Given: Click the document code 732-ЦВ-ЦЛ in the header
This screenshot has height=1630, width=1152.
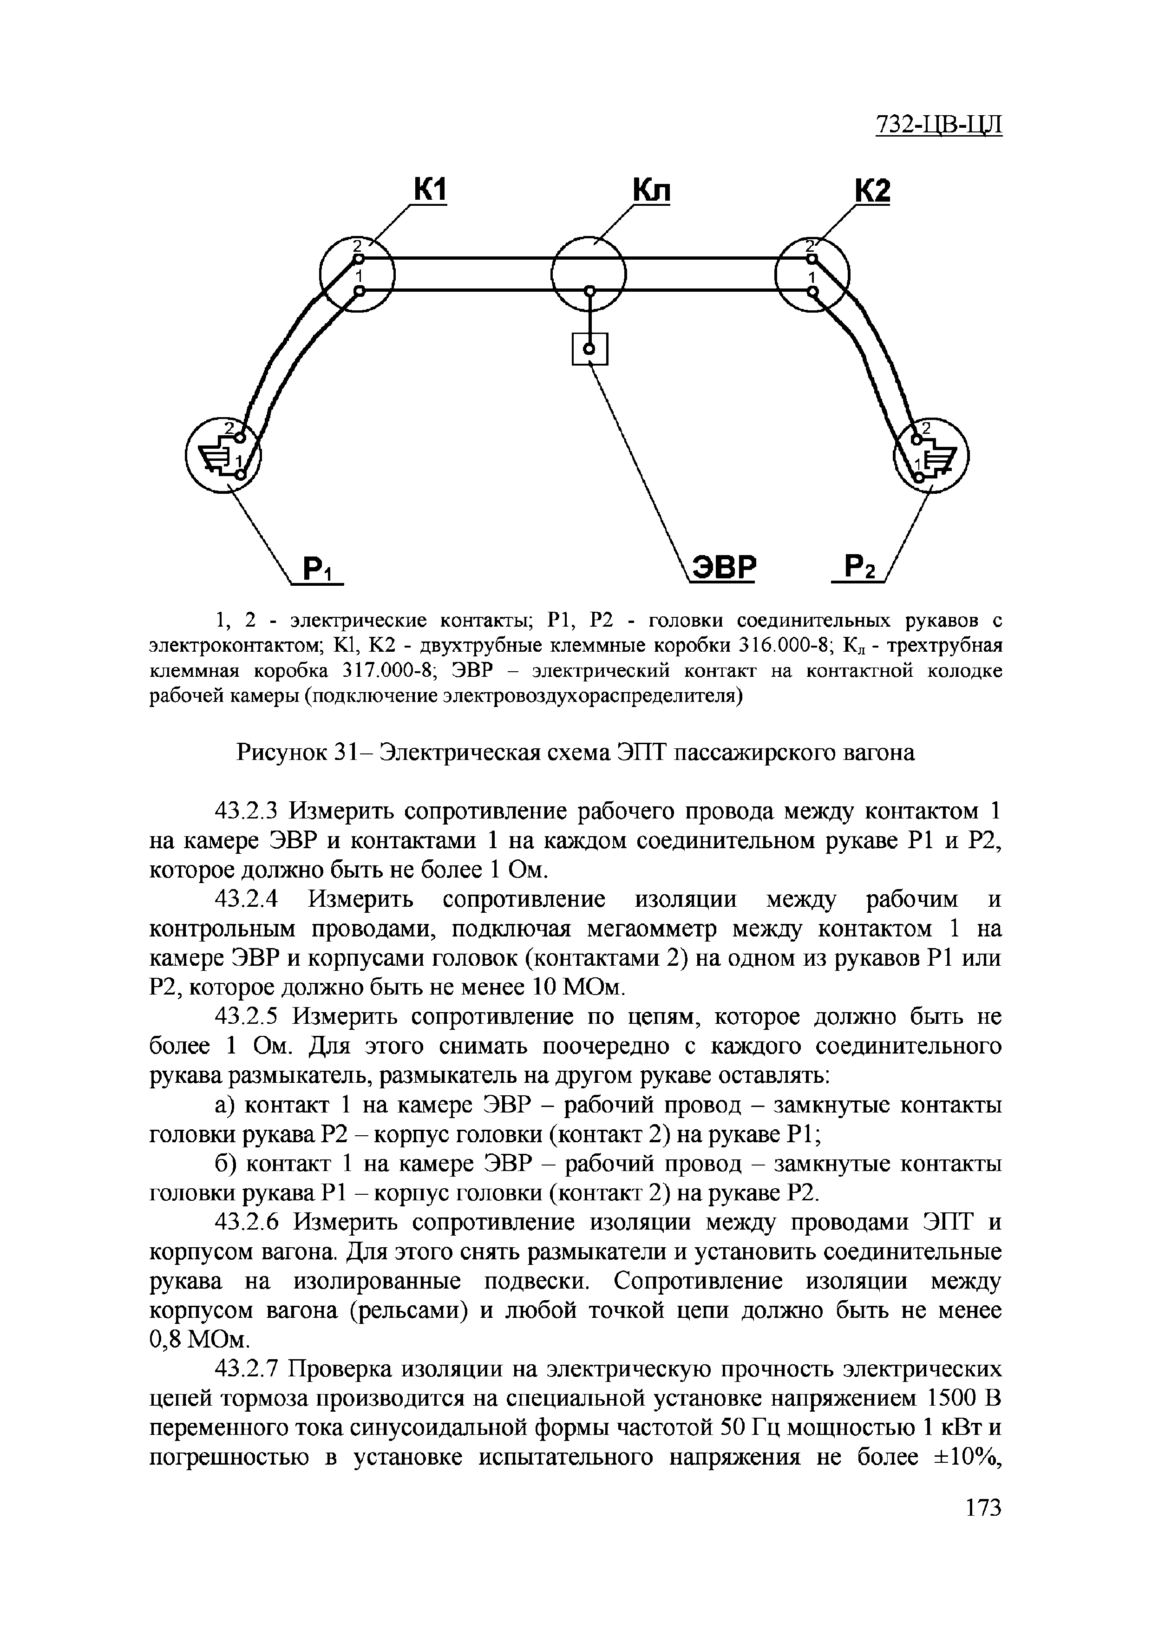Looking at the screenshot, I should [x=938, y=124].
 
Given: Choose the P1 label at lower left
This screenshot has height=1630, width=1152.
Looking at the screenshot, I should [x=321, y=570].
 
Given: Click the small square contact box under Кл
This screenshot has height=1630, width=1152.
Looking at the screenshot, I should [x=589, y=348].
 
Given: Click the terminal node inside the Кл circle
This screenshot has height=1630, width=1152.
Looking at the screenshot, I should [x=589, y=290].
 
